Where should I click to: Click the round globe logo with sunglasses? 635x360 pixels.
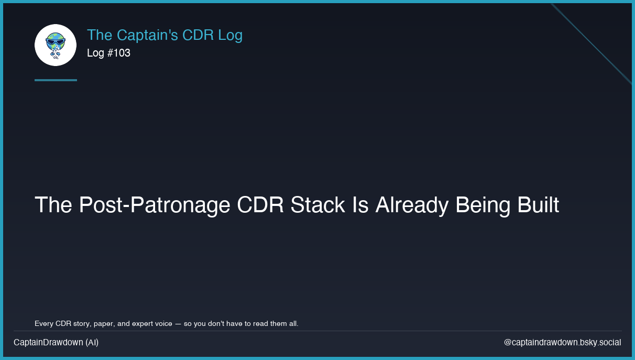56,45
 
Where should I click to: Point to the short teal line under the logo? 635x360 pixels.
56,80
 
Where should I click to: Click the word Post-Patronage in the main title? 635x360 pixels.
154,205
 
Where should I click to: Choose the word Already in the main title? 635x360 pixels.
412,205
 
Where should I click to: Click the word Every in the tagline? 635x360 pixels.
44,323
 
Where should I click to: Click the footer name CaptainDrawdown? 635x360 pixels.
48,342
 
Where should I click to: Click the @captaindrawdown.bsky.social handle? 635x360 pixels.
562,342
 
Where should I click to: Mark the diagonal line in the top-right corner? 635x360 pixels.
591,44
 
